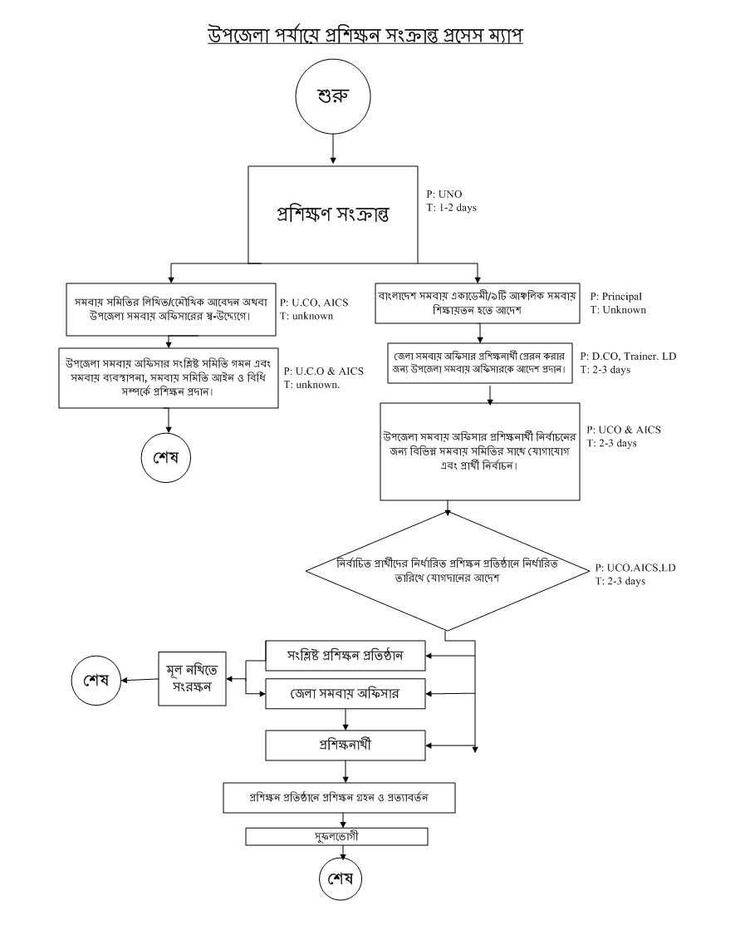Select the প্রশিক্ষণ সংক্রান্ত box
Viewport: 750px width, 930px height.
tap(333, 213)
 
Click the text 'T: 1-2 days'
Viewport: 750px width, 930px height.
tap(452, 207)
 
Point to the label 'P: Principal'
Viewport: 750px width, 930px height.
tap(616, 297)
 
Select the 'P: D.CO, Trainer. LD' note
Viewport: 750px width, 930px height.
tap(629, 357)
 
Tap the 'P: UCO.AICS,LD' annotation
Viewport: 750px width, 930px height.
tap(635, 568)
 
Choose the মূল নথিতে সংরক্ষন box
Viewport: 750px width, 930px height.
tap(192, 680)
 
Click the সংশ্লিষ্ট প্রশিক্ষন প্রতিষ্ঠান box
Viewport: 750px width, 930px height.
tap(345, 655)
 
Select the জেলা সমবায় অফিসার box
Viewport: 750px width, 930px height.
tap(345, 694)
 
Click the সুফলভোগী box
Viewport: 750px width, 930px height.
tap(337, 835)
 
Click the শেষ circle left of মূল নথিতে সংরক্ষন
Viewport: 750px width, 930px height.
tap(96, 680)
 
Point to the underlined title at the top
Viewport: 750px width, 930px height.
tap(365, 35)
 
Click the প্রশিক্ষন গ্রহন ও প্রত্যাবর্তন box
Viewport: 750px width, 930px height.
tap(339, 797)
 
